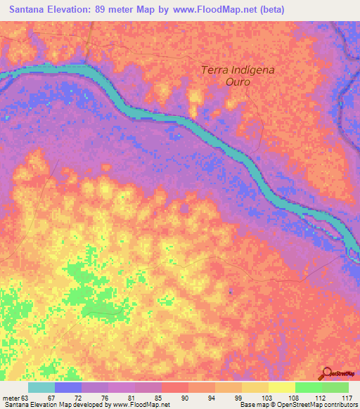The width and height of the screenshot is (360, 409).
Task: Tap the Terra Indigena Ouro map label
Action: (226, 75)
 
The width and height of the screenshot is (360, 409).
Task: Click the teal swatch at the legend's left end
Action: (41, 387)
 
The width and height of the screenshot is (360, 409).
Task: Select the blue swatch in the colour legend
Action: (68, 387)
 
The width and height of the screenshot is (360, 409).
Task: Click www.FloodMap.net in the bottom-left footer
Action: (141, 405)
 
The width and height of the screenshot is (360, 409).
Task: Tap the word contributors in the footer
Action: (341, 405)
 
